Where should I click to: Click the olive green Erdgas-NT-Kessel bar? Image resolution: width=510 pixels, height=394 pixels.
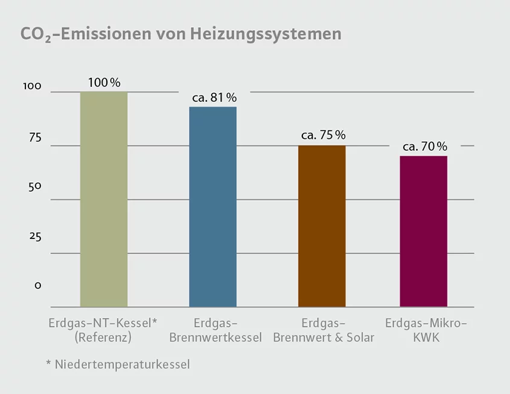tap(104, 199)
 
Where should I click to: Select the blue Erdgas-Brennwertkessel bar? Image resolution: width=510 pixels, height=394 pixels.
tap(212, 207)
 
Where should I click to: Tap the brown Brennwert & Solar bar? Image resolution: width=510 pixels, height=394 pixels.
tap(322, 226)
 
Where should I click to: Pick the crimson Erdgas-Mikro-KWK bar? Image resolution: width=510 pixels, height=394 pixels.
tap(424, 231)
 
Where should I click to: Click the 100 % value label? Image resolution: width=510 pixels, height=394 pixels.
tap(104, 82)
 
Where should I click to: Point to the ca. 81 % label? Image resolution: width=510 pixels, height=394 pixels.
tap(214, 97)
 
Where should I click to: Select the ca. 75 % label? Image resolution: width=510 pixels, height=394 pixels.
tap(323, 135)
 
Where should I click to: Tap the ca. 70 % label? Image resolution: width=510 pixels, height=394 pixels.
tap(425, 147)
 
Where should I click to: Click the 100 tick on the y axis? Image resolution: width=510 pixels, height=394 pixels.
tap(32, 87)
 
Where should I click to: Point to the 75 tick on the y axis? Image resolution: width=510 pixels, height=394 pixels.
tap(34, 137)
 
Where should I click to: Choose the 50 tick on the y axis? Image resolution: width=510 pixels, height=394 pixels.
tap(34, 186)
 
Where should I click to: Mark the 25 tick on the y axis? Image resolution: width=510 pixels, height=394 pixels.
tap(34, 236)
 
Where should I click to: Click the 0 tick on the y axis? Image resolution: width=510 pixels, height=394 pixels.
tap(37, 285)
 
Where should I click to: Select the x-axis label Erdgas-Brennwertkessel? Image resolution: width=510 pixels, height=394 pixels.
tap(215, 330)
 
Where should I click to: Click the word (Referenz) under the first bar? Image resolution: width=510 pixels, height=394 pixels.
tap(103, 338)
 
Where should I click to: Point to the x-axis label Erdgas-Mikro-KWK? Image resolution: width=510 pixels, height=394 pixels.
tap(426, 330)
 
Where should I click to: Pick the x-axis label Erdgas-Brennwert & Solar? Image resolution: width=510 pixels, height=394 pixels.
tap(324, 330)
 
